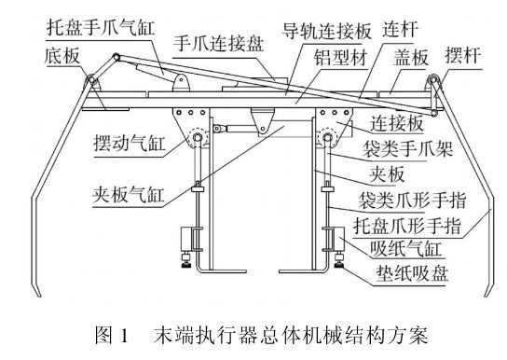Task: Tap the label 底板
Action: pos(62,56)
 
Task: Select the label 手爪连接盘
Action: pos(219,43)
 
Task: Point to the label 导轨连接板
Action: pos(326,31)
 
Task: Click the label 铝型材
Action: pos(340,58)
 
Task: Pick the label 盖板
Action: pos(411,58)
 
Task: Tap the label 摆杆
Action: pos(463,55)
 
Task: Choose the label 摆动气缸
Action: pos(130,143)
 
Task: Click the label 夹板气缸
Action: pos(129,194)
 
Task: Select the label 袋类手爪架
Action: pos(407,149)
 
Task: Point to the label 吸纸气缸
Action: pos(405,249)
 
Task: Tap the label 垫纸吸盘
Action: pos(412,273)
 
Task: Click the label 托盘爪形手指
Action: pos(407,226)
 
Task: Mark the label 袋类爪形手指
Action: pos(412,201)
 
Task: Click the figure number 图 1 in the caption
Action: pos(112,335)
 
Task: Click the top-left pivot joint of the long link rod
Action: pos(116,57)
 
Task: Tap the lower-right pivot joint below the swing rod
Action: pos(434,113)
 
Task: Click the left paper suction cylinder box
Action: pos(186,239)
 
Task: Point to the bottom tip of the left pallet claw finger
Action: pos(39,296)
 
